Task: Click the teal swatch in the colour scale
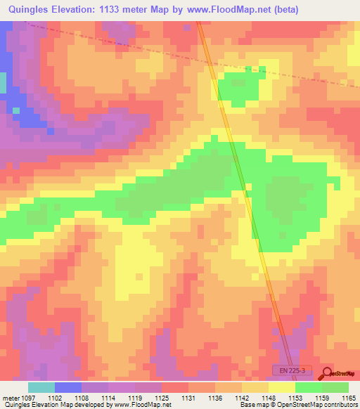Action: click(41, 387)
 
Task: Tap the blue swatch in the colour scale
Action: click(68, 387)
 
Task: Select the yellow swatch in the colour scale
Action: click(282, 387)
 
